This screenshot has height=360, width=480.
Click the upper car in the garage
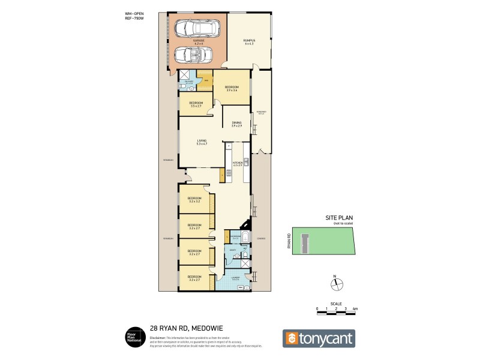tap(196, 28)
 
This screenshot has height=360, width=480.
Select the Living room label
tap(201, 142)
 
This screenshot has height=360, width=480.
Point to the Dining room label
tap(236, 124)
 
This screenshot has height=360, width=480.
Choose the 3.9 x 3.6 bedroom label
tap(232, 88)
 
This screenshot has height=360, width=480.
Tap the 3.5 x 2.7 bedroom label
tap(196, 104)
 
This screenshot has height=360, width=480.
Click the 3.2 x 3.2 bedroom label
tap(194, 200)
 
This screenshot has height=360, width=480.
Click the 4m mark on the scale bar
tap(356, 308)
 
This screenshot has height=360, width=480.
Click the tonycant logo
tap(319, 338)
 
